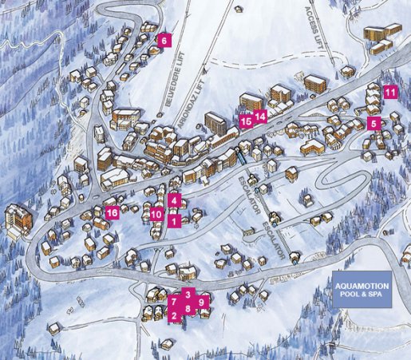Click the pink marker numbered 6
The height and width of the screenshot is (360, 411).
pos(165,40)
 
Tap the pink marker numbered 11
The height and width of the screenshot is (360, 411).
pos(389,92)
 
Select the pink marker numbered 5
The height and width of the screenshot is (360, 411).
pos(373,123)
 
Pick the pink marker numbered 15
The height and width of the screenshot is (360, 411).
pos(245,121)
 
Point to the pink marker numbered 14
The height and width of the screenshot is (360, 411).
pos(259,116)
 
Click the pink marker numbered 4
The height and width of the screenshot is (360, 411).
pos(174,200)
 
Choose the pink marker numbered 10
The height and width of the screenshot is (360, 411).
pos(156,214)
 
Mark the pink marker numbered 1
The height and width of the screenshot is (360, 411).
pos(174,223)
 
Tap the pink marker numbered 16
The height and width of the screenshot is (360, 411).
pos(113,212)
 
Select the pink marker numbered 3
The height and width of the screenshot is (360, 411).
pos(188,294)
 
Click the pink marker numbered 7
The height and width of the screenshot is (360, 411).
pos(173,302)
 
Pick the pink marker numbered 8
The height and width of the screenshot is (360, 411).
pos(188,307)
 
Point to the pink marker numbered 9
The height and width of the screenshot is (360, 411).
pos(202,302)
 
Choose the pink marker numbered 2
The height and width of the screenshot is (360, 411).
pos(173,315)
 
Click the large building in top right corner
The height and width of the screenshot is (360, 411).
pos(381,36)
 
